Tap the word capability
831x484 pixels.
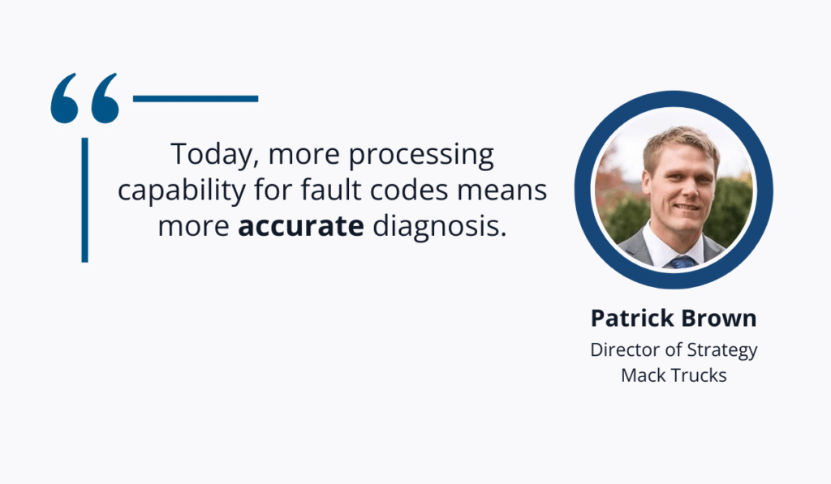[x=181, y=191]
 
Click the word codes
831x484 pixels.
[x=409, y=190]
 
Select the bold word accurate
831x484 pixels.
[x=301, y=227]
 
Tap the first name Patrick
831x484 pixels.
[x=631, y=319]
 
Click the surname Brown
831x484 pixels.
[x=719, y=319]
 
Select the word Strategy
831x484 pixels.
[x=722, y=351]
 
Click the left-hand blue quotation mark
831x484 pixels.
[x=65, y=98]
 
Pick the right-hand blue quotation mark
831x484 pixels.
[x=105, y=98]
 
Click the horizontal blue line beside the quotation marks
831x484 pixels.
[x=196, y=98]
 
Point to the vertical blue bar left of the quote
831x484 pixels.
[x=84, y=200]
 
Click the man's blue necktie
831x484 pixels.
[x=682, y=262]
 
